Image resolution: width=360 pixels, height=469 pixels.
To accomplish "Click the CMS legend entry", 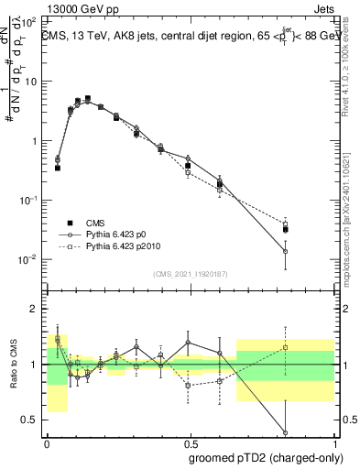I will point(94,223).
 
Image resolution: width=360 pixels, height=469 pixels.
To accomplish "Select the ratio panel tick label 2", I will point(35,309).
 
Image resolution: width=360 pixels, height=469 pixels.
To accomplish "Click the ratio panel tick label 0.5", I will point(31,420).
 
